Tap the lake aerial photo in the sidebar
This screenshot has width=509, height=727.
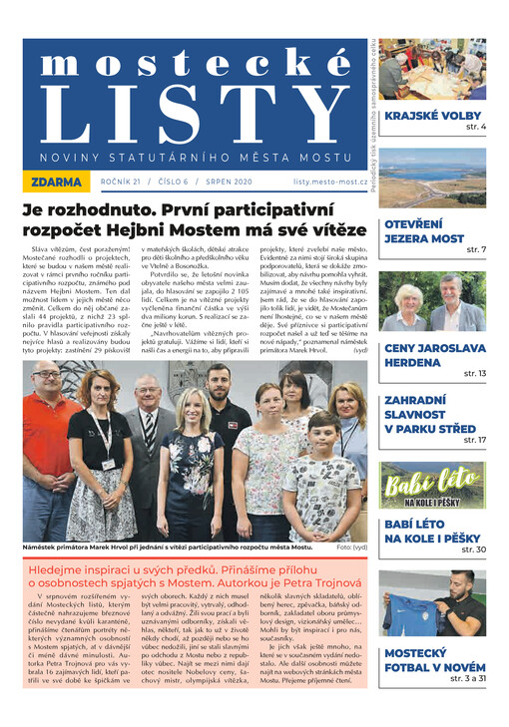pyautogui.click(x=432, y=177)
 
